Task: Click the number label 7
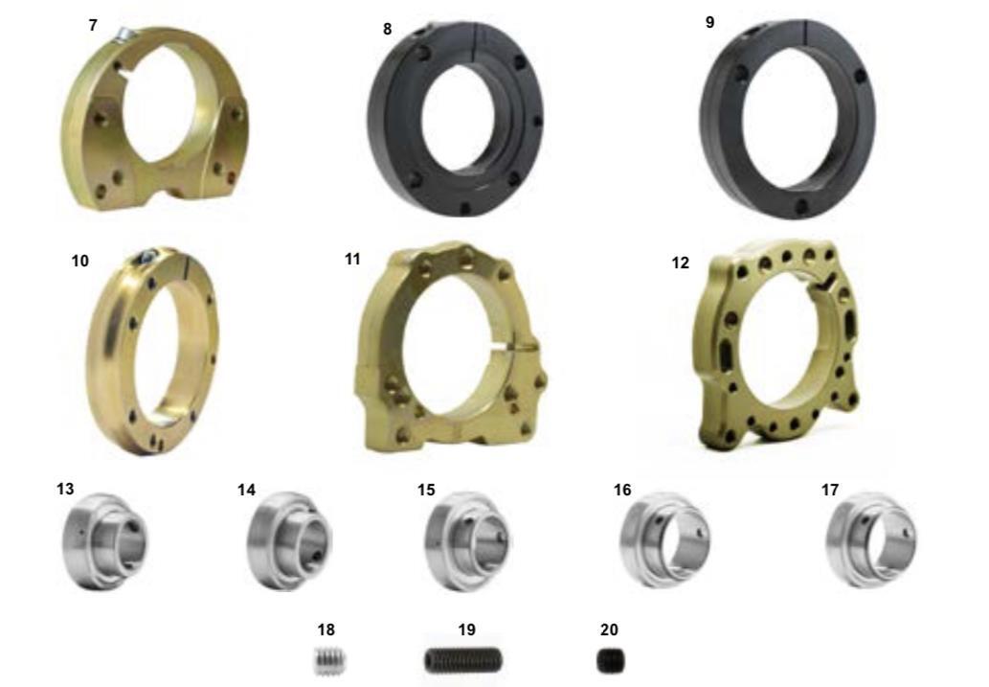tap(94, 25)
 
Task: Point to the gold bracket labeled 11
tap(378, 354)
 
